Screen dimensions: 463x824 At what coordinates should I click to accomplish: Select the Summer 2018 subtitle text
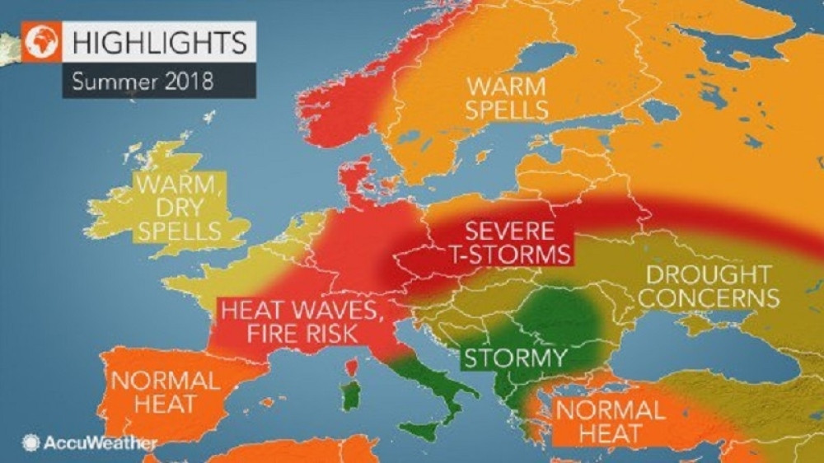coord(142,82)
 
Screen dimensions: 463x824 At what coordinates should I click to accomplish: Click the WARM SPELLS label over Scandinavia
coord(508,97)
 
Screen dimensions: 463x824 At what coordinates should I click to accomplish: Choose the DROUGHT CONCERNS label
coord(709,285)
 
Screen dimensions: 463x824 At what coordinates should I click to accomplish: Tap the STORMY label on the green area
coord(514,358)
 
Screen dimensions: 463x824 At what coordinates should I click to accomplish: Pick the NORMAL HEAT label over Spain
coord(166,392)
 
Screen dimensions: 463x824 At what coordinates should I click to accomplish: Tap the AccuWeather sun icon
coord(31,443)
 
